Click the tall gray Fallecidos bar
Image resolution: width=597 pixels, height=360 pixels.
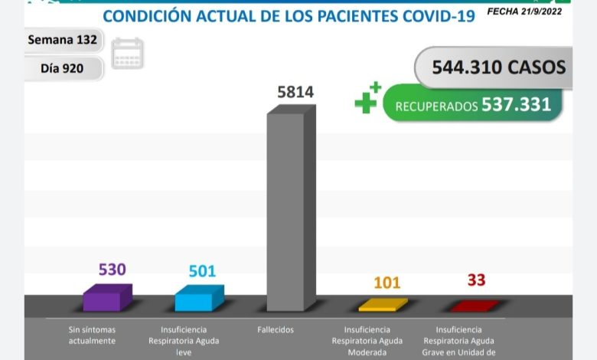(289, 211)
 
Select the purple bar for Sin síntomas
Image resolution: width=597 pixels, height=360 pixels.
(106, 298)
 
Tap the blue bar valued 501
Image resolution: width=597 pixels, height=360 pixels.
(198, 299)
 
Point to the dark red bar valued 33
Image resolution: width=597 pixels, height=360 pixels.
(473, 306)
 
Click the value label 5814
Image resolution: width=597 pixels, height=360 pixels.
(295, 93)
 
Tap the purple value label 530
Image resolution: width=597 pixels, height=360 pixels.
(112, 270)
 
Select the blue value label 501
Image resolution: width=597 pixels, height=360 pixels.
(203, 271)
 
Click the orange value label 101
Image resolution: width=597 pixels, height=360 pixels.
(387, 282)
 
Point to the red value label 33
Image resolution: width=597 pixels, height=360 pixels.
(476, 280)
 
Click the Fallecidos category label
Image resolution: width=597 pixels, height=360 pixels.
(276, 330)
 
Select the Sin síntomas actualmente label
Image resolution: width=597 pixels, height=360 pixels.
(92, 335)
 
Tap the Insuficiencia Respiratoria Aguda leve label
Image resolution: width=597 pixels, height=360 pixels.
(183, 341)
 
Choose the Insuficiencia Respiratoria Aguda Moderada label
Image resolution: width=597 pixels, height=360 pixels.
(367, 341)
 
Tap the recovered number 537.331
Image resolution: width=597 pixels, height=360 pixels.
(516, 104)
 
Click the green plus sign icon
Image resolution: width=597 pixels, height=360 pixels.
(368, 100)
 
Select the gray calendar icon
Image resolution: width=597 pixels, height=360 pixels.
(127, 54)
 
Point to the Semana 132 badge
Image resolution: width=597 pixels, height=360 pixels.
(62, 40)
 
